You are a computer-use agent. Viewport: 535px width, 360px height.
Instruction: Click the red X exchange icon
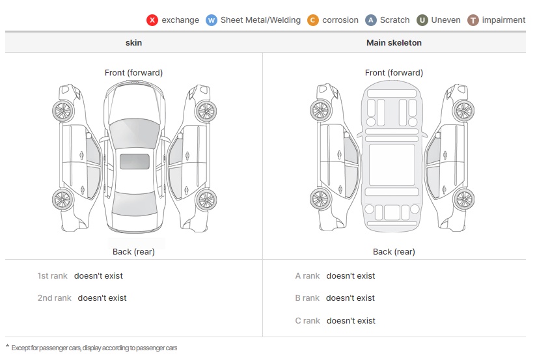152,20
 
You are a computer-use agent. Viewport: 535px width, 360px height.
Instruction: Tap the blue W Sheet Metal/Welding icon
211,20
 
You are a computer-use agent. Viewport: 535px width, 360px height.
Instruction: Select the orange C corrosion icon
313,20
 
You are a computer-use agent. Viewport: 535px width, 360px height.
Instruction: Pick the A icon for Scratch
371,20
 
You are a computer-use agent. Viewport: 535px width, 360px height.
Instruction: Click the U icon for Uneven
422,20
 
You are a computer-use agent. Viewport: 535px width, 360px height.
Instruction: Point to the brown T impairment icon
473,20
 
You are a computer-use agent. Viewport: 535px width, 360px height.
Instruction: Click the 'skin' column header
133,43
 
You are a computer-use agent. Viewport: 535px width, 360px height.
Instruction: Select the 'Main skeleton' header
394,43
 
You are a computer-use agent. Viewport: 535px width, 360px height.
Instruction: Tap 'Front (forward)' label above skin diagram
133,73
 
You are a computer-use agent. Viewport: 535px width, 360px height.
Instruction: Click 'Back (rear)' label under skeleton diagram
394,252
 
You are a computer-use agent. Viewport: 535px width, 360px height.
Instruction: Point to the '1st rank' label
52,276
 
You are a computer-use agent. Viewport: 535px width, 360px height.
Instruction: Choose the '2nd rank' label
54,298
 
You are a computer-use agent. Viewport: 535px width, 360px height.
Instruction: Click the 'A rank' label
307,276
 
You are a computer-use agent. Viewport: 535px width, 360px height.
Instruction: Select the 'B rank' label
307,298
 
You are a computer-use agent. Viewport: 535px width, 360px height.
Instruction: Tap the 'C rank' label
307,321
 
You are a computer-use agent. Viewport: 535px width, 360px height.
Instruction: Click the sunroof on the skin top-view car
134,161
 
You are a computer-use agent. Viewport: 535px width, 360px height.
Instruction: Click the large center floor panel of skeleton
392,165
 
